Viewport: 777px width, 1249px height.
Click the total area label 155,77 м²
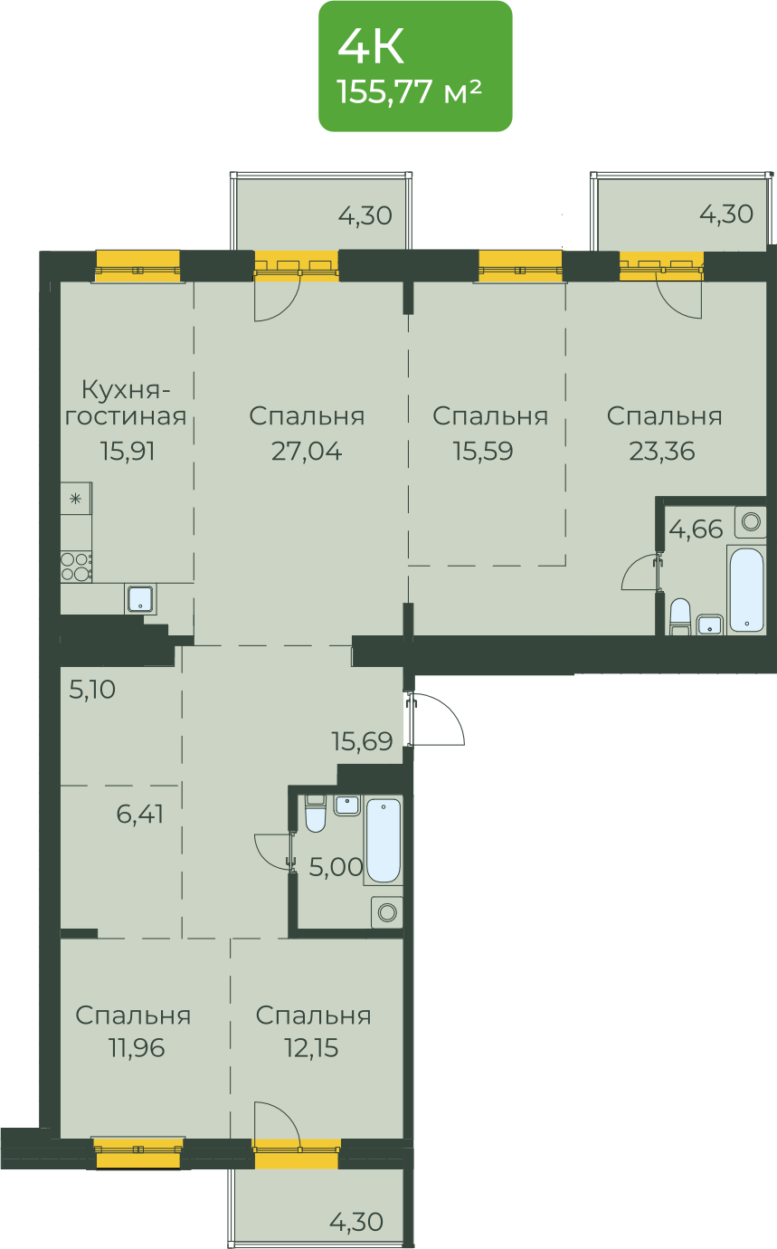[x=409, y=91]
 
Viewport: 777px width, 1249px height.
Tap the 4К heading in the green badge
[x=371, y=47]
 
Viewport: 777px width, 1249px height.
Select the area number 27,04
[x=307, y=451]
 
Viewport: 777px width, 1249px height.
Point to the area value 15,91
[x=128, y=451]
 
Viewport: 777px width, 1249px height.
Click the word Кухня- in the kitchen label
[x=126, y=389]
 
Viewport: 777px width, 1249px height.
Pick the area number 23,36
[x=662, y=451]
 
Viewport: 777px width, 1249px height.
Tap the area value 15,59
[x=483, y=451]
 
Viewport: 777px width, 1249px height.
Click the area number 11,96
[x=137, y=1048]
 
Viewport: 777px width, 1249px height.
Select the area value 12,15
[x=311, y=1048]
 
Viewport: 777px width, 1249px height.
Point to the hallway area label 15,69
[x=363, y=741]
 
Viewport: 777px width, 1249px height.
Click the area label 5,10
[x=92, y=690]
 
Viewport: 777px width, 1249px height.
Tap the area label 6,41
[x=140, y=814]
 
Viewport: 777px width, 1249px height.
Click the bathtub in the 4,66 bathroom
[x=747, y=589]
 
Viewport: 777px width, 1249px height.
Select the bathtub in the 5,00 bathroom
[x=384, y=841]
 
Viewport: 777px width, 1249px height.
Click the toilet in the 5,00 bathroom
[x=316, y=814]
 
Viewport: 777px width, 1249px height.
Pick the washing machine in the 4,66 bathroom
[x=751, y=522]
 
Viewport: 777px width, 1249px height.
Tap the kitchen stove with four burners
[x=76, y=567]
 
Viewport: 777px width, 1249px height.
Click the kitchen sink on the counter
[x=140, y=599]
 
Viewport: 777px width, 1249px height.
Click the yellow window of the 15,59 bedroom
[x=520, y=266]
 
